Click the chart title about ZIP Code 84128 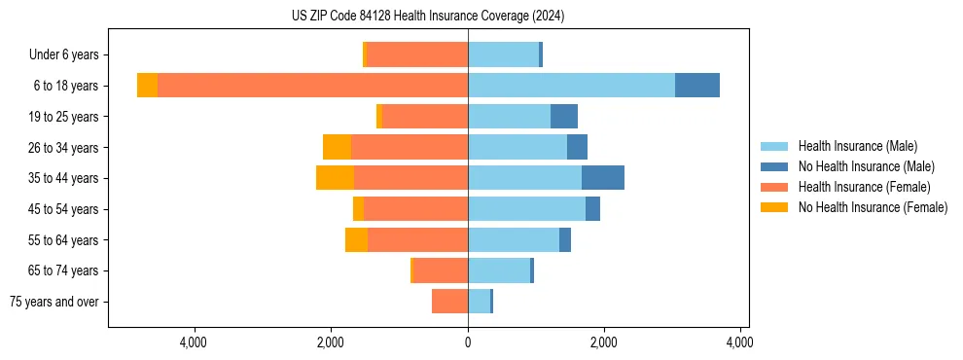pos(428,17)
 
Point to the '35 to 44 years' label pos(61,178)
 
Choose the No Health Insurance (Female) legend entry pos(872,207)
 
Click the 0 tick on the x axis pos(468,342)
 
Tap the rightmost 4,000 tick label pos(740,342)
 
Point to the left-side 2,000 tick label pos(331,342)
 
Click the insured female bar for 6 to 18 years pos(311,86)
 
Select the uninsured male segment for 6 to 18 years pos(697,86)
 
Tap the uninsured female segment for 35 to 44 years pos(335,178)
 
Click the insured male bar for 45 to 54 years pos(526,208)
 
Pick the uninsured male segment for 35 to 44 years pos(603,178)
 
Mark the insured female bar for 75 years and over pos(449,302)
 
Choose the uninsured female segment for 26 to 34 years pos(337,147)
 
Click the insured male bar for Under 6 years pos(503,54)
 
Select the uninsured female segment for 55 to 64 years pos(356,239)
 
